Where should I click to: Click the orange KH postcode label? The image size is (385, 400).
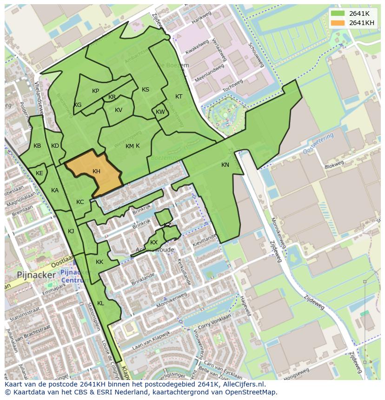[96, 171]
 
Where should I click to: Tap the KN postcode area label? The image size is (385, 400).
[225, 165]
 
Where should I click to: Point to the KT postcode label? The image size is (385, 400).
[179, 97]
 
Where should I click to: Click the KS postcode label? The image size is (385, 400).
[146, 90]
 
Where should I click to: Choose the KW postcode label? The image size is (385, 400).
[160, 112]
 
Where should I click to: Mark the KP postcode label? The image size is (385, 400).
[95, 91]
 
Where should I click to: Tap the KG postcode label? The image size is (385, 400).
[78, 105]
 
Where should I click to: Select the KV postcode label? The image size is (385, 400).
[119, 110]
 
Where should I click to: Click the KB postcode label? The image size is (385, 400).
[37, 146]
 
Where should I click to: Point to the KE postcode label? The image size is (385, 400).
[40, 173]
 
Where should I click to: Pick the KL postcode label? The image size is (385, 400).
[100, 303]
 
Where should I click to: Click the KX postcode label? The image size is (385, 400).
[154, 243]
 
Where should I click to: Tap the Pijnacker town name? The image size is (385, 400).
[36, 275]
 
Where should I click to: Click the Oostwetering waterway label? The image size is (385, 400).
[319, 143]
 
